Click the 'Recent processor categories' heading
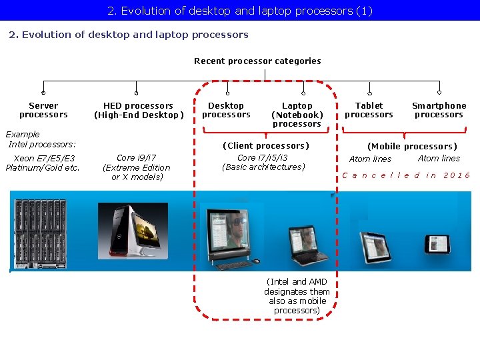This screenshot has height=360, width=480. tap(257, 61)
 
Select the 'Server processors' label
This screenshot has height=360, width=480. tap(43, 110)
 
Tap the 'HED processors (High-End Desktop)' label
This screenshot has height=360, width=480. tap(138, 110)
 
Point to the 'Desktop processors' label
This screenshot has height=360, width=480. tap(226, 110)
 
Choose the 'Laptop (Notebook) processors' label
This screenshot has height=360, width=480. tap(297, 114)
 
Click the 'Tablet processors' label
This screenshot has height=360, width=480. tap(369, 110)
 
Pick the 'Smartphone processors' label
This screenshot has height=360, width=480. tap(439, 110)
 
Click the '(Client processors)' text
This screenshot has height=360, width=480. tap(265, 145)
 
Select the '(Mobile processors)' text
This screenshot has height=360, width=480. tap(412, 146)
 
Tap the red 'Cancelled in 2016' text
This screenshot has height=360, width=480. tap(406, 175)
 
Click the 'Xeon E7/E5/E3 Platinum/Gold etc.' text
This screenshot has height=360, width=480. tap(43, 163)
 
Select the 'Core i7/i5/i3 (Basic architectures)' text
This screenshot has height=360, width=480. tap(263, 162)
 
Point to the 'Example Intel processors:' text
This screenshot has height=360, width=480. tap(40, 139)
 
